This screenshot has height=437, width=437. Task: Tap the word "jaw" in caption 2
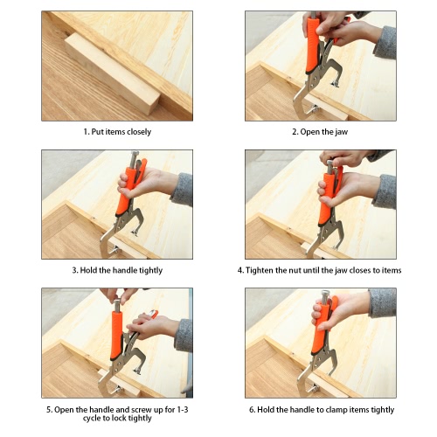[341, 132]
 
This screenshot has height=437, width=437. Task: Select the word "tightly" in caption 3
[150, 271]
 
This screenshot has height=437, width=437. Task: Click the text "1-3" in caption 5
[183, 410]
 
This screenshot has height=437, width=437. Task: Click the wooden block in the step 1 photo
[112, 73]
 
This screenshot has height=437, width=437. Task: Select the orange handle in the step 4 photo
[326, 198]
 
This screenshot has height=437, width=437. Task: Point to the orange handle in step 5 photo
[116, 335]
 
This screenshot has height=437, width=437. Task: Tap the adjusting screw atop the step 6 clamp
[325, 297]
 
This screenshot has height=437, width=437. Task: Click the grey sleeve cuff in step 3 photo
[183, 190]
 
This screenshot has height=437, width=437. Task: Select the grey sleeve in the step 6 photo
[383, 303]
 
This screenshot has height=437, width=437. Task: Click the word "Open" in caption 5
[64, 410]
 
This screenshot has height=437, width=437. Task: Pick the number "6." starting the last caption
[253, 410]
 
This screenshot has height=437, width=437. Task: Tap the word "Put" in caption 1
[97, 132]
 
